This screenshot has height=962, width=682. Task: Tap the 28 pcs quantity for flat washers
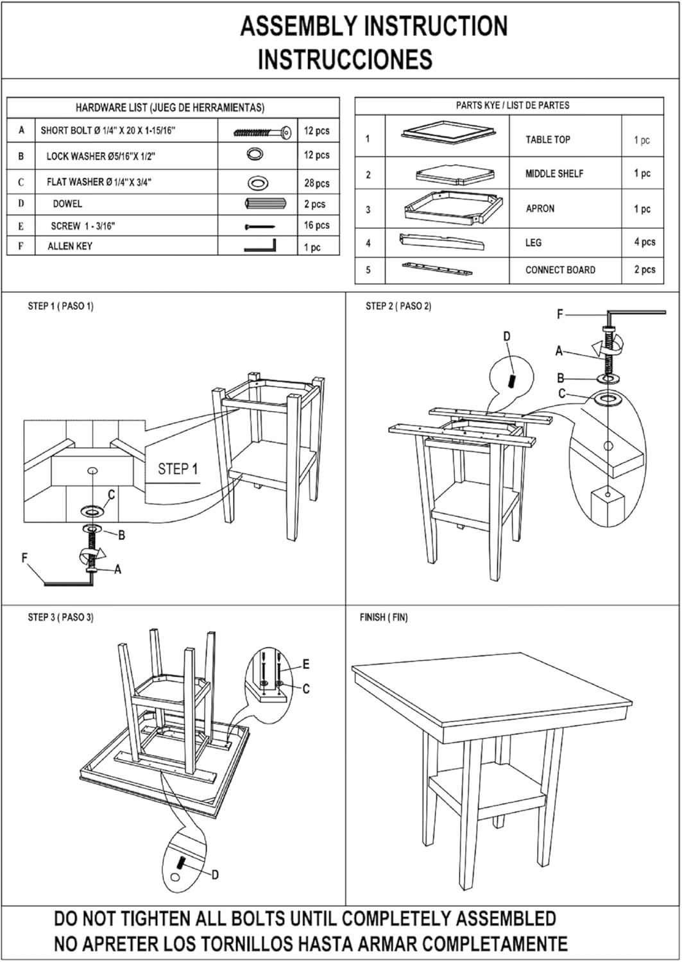(x=316, y=183)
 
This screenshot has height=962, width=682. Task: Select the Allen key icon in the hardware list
(x=260, y=246)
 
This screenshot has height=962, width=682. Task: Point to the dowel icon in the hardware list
(x=259, y=204)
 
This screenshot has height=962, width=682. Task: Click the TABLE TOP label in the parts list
(x=547, y=140)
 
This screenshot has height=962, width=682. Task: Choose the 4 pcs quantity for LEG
(x=644, y=242)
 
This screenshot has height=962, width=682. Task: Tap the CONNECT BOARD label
(x=560, y=270)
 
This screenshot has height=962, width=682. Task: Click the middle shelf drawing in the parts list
(x=456, y=173)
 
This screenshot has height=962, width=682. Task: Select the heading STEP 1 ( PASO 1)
(x=60, y=306)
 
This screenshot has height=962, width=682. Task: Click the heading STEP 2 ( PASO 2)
(x=398, y=306)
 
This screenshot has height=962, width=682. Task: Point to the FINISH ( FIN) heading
(x=383, y=618)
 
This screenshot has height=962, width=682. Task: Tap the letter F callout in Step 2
(x=560, y=314)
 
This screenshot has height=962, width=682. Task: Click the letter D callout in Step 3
(x=215, y=875)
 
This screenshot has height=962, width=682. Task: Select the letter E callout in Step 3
(x=306, y=664)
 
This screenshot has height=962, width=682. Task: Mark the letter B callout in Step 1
(x=121, y=535)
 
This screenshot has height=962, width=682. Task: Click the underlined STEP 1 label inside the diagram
(x=178, y=469)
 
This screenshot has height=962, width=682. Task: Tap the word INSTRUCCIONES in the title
(x=345, y=59)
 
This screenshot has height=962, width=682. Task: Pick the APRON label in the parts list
(x=540, y=208)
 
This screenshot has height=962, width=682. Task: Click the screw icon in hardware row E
(x=259, y=226)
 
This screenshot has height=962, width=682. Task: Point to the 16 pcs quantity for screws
(x=316, y=225)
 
